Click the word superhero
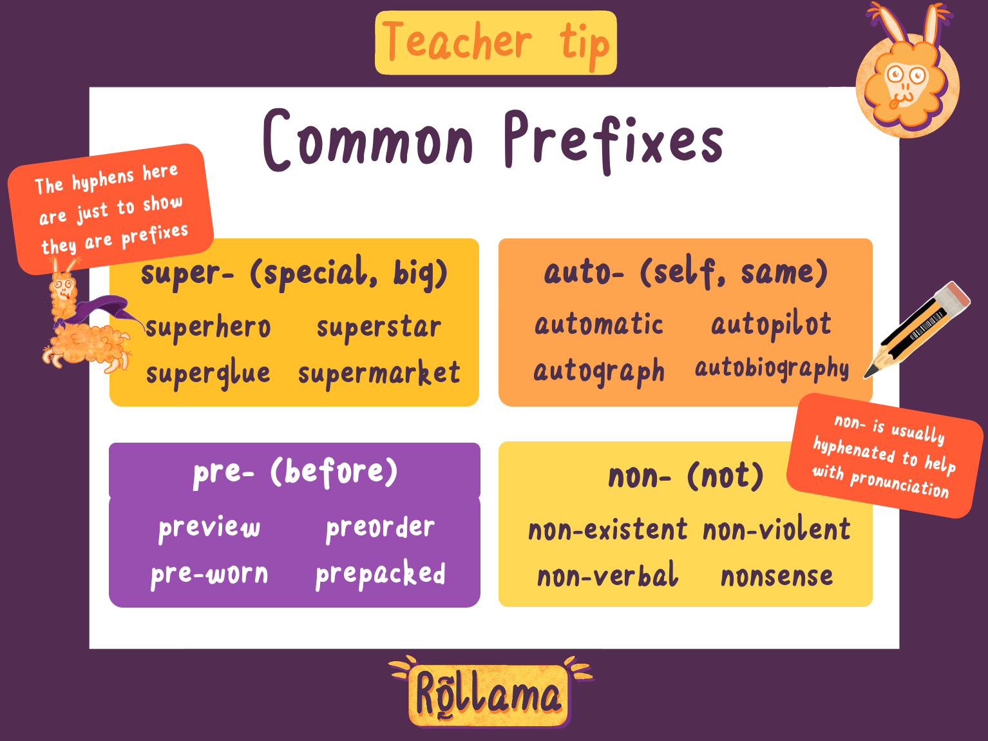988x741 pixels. point(207,327)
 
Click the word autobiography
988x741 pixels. point(772,369)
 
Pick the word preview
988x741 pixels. point(209,527)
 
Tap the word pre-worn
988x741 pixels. point(209,573)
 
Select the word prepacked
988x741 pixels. point(380,573)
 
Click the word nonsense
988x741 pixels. point(777,576)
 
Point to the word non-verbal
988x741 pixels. point(607,576)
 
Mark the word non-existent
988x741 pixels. point(607,530)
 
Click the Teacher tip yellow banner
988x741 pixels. point(495,43)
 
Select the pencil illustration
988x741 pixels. point(917,329)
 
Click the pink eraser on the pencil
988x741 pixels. point(952,296)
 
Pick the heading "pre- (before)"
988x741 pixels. point(294,472)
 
